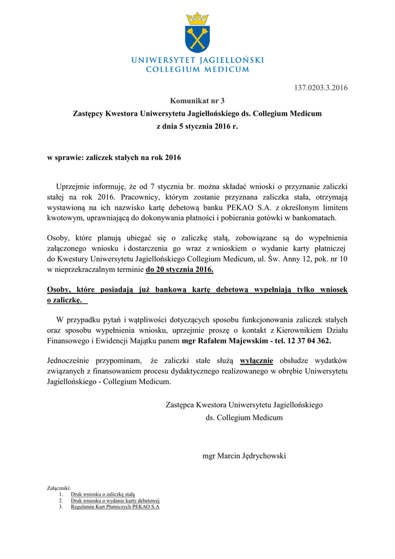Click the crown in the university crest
[x=197, y=19]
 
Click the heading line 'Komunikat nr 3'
[x=197, y=100]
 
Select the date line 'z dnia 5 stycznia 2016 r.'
[x=197, y=126]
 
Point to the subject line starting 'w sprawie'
[x=114, y=158]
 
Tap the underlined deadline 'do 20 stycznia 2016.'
[x=179, y=270]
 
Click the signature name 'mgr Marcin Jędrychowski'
[x=244, y=455]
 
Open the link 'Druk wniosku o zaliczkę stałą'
[x=103, y=493]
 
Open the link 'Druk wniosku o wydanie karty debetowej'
[x=115, y=500]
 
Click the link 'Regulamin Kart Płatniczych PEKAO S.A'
[x=115, y=506]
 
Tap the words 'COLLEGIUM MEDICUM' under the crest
[x=197, y=69]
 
